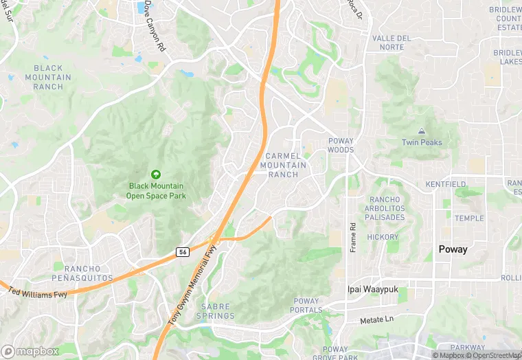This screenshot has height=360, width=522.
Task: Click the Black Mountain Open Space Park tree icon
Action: click(156, 175)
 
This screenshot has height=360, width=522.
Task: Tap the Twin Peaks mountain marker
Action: click(422, 131)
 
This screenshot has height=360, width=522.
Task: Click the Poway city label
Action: click(453, 249)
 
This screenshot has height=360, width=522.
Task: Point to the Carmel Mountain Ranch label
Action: click(283, 165)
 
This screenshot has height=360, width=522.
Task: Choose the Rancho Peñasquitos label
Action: click(82, 273)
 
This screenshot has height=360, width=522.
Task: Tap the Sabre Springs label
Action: click(217, 311)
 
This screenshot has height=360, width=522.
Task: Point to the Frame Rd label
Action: click(352, 237)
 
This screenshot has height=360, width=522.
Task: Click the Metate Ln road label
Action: click(377, 320)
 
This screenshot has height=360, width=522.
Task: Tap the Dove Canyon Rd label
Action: click(155, 33)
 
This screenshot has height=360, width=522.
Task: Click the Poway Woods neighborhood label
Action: click(340, 145)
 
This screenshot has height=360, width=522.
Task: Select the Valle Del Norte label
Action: click(398, 43)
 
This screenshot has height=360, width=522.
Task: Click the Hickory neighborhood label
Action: click(382, 237)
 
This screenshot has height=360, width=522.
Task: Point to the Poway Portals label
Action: click(307, 305)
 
